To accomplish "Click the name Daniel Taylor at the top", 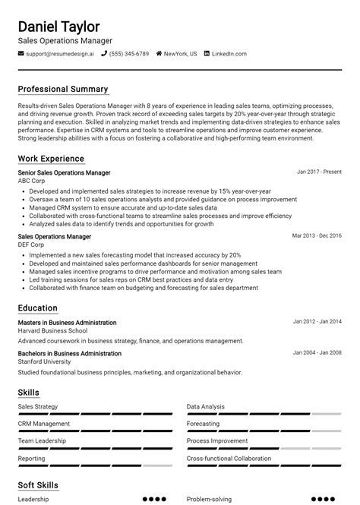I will tap(58, 27).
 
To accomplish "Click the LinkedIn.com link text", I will tap(229, 54).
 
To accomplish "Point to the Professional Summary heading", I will tap(63, 89).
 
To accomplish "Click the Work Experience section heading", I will tap(51, 159).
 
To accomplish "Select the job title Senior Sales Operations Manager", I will tap(64, 173).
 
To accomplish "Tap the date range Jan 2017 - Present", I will tap(319, 172).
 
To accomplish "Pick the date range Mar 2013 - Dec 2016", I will tap(317, 235).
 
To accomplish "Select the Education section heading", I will tap(38, 308).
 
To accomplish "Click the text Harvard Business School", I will tap(52, 330).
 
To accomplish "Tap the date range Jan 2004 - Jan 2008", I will tap(317, 352).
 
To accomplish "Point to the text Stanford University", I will tap(45, 361).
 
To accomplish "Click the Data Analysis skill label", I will tap(205, 406).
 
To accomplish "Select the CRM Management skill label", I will tap(43, 424).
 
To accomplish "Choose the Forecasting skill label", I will tap(203, 424).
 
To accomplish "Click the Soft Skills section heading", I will tap(38, 484).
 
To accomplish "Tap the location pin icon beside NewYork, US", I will tap(159, 54).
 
